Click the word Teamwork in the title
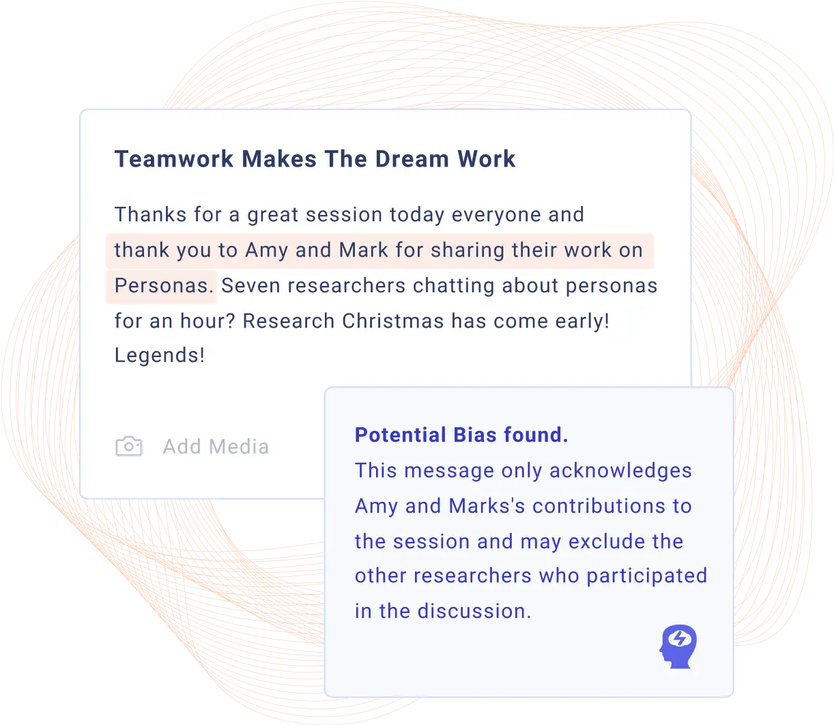coord(174,159)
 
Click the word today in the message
coord(417,214)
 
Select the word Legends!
coord(159,355)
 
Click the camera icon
coord(129,446)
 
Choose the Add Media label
coord(216,446)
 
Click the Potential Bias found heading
coord(461,435)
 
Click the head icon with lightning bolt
coord(678,646)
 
